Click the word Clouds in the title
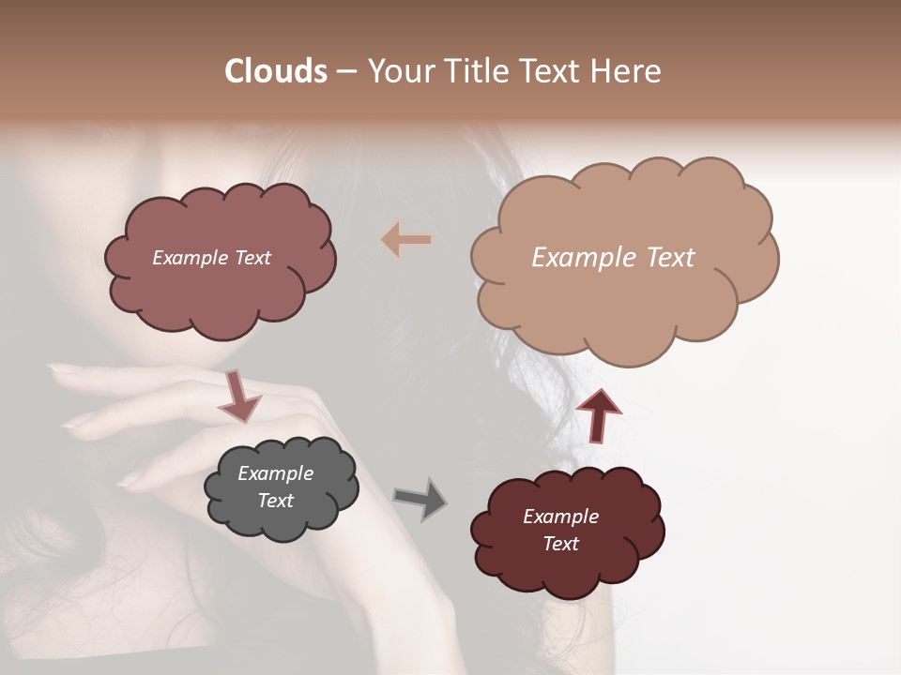tap(275, 71)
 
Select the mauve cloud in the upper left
tap(221, 291)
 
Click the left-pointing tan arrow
tap(406, 240)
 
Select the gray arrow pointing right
tap(420, 499)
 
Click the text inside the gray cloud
tap(276, 487)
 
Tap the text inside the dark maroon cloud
tap(560, 530)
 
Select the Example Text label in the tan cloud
tap(613, 257)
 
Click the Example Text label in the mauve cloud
tap(211, 258)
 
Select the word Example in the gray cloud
tap(276, 473)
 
